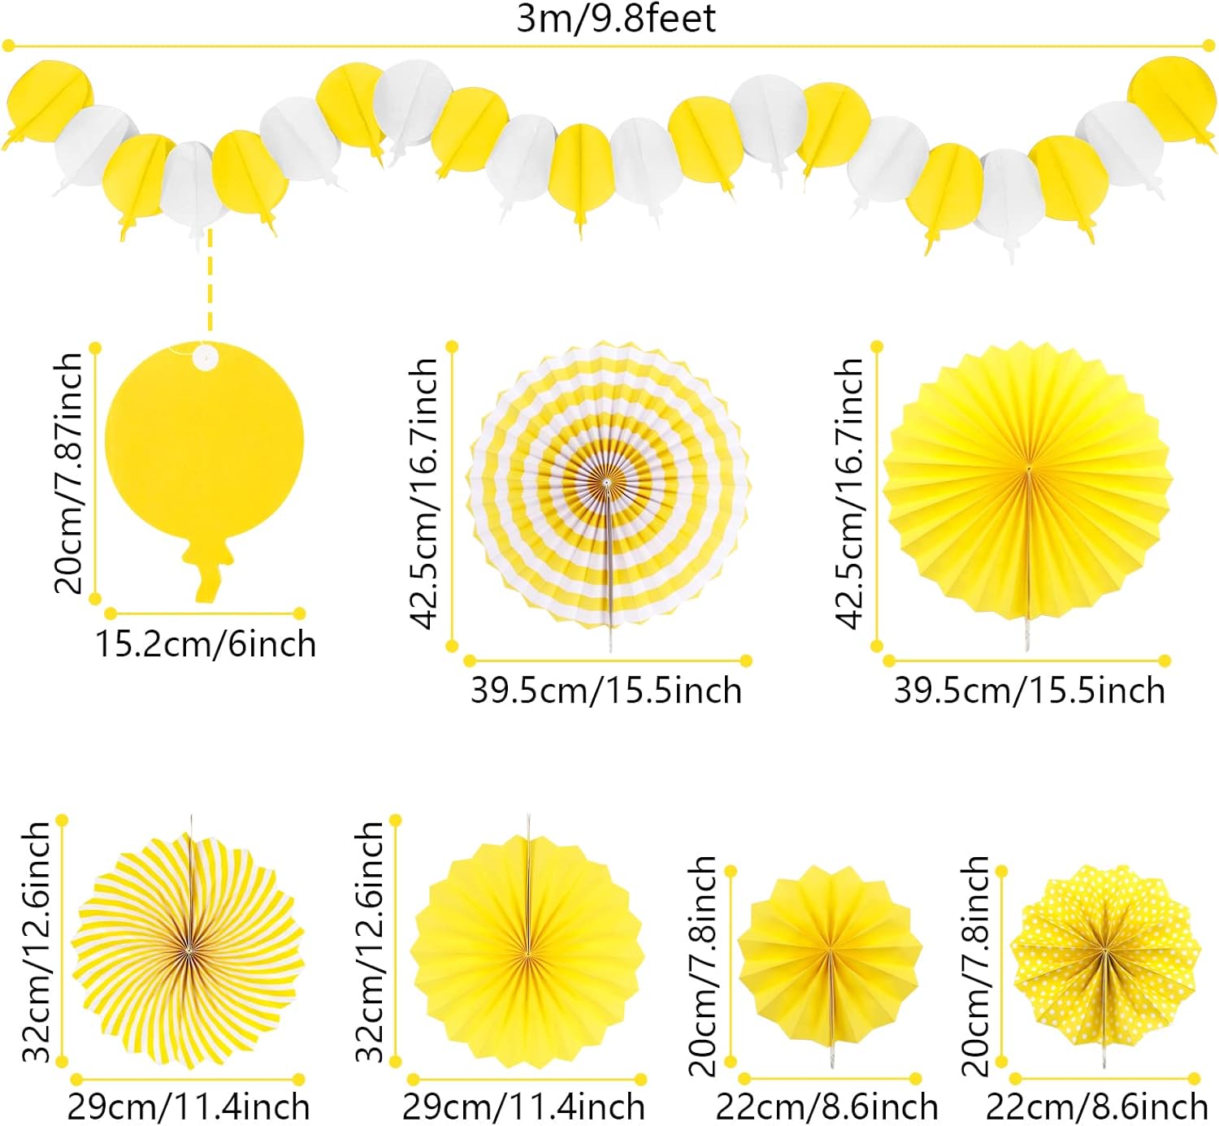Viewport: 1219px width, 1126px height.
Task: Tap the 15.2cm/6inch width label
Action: coord(206,644)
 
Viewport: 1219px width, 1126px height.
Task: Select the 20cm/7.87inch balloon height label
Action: coord(69,473)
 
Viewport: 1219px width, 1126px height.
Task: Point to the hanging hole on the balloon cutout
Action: coord(205,355)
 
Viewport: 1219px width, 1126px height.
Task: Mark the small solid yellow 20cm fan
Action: coord(830,955)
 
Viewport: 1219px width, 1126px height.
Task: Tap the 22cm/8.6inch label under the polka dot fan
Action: coord(1096,1107)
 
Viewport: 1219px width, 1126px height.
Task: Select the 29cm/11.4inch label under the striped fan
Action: coord(188,1107)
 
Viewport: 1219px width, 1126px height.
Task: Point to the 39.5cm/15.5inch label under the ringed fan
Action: coord(606,691)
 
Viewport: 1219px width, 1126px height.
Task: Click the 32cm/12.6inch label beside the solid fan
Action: coord(371,942)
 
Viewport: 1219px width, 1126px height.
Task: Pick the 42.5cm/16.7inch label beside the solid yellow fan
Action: coord(849,494)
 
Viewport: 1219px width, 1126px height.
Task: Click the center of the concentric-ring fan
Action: coord(607,484)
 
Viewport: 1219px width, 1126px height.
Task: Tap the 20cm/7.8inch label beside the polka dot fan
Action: coord(975,965)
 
